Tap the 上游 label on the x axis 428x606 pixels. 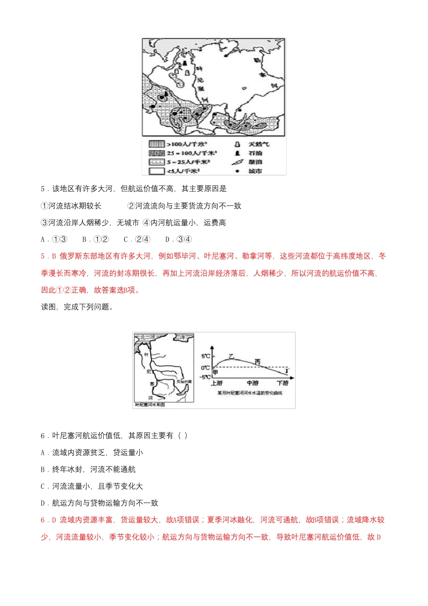[217, 383]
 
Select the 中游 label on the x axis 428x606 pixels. [252, 383]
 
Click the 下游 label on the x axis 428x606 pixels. [282, 383]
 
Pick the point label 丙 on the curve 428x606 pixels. [257, 362]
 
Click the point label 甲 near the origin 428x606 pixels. [215, 372]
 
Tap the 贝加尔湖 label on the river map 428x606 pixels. [183, 381]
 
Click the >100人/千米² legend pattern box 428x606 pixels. [157, 144]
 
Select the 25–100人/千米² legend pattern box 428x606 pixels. [157, 153]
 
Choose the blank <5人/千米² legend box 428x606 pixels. [157, 171]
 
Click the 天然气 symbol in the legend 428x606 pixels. [237, 144]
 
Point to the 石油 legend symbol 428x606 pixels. [237, 153]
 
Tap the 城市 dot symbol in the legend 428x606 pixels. [237, 171]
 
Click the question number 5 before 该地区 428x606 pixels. [43, 189]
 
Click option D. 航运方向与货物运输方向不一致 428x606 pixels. [100, 503]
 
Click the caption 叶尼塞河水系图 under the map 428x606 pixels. [150, 405]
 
